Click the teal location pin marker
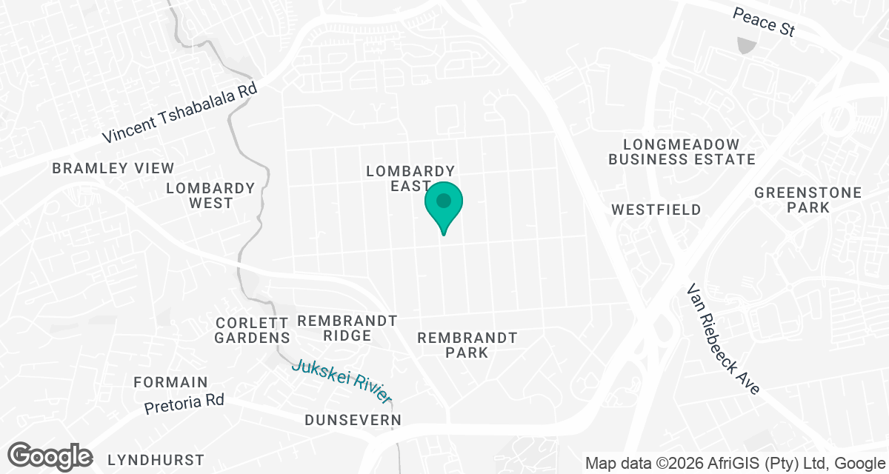click(444, 204)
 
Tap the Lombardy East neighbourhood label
click(410, 178)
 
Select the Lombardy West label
click(210, 196)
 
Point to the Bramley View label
click(113, 169)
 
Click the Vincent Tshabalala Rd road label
click(180, 112)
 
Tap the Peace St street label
click(764, 21)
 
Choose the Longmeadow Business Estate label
click(682, 152)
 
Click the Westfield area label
click(656, 210)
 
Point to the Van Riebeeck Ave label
click(724, 339)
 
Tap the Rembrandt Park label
click(467, 345)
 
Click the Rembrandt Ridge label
click(347, 328)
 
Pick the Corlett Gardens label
click(252, 330)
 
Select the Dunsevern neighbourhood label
click(353, 421)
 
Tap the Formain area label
click(171, 383)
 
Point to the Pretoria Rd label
click(184, 404)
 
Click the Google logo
click(50, 456)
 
